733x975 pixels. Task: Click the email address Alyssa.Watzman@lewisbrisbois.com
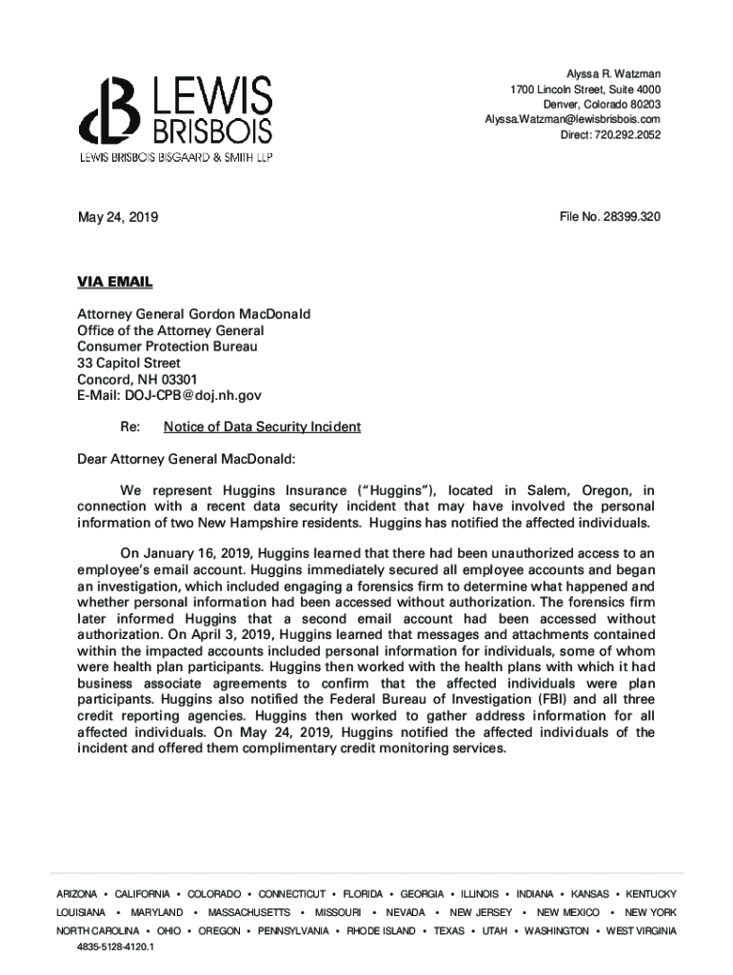(x=572, y=119)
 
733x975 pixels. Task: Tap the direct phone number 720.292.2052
(x=625, y=134)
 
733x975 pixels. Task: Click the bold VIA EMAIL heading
(x=114, y=282)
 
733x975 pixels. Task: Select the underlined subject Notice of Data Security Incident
(x=262, y=427)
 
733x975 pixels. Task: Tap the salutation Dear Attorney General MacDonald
(x=187, y=459)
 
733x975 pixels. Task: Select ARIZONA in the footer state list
(x=76, y=894)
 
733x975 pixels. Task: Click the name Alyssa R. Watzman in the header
(x=613, y=74)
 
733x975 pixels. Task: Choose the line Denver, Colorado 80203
(x=602, y=104)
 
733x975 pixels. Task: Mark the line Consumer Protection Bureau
(x=167, y=347)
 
